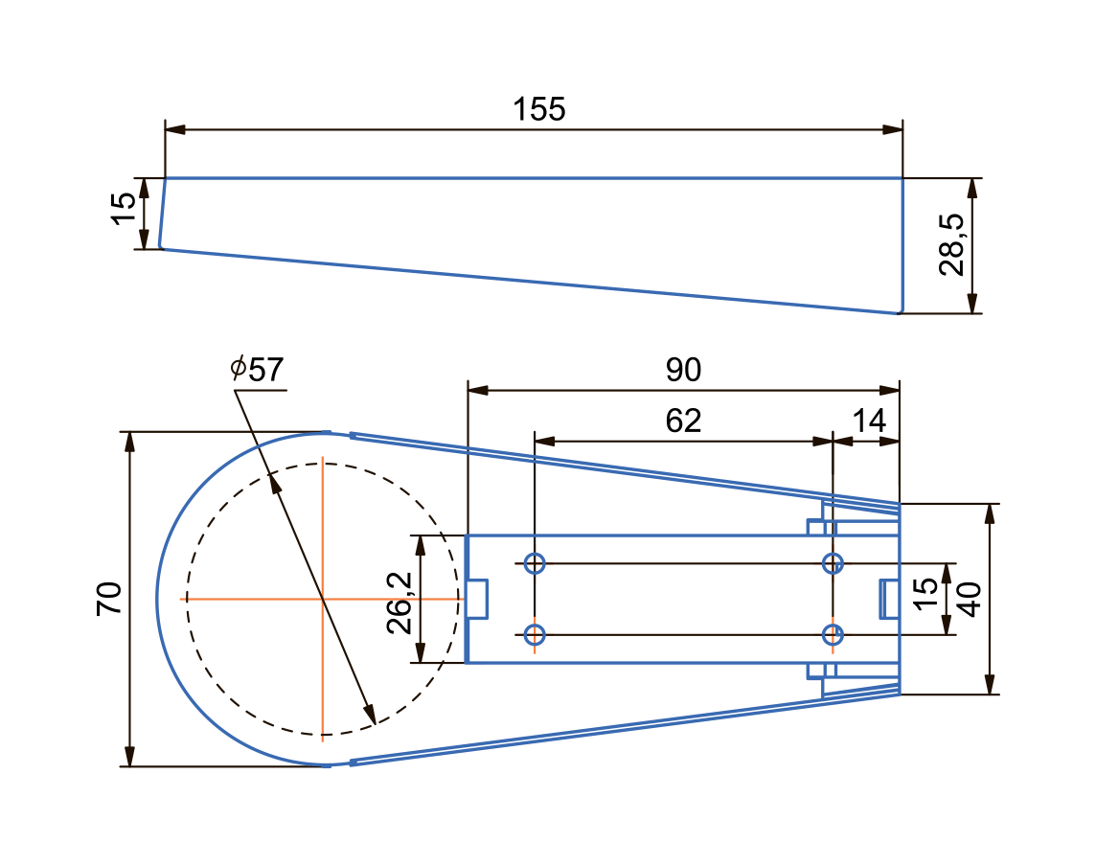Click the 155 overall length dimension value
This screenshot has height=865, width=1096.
538,109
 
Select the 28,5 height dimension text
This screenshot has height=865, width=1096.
952,245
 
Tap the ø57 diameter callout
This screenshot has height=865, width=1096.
257,370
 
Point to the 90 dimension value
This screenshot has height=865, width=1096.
683,370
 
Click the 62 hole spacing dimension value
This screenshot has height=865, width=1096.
683,421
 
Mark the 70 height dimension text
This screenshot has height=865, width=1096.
109,599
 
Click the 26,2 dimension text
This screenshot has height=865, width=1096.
400,603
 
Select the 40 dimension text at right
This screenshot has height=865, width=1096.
968,600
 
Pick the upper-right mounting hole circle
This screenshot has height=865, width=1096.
833,563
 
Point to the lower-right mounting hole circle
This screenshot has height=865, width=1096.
833,634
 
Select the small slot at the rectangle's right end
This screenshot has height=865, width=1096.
889,599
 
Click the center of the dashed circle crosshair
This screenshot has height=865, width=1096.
323,599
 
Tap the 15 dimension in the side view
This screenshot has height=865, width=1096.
124,208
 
